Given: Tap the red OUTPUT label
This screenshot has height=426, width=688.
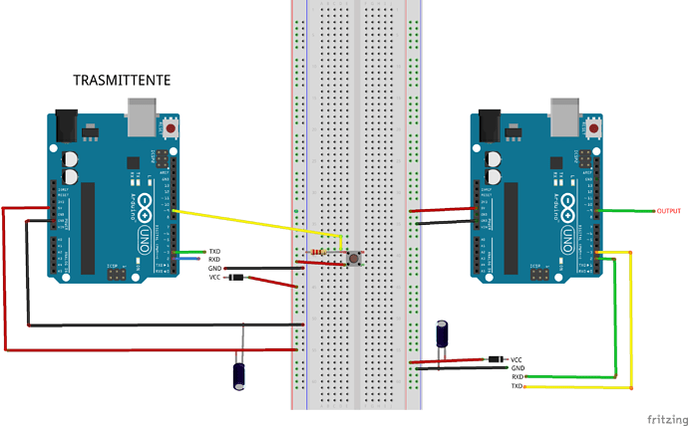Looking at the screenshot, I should [x=669, y=211].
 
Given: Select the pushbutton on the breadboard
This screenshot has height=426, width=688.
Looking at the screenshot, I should [x=354, y=259].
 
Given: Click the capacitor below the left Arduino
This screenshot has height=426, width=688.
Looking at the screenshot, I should [x=239, y=373].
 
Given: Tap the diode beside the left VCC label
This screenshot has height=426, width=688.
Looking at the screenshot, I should [x=236, y=277].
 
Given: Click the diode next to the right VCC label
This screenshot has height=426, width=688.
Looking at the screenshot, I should [x=495, y=358].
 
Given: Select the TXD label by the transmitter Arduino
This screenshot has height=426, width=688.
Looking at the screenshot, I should [x=213, y=251].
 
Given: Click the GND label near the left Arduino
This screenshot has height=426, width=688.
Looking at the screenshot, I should [x=214, y=269].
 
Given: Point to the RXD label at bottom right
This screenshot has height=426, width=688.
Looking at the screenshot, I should [x=517, y=377].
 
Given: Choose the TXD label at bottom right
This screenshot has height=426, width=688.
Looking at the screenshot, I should [x=516, y=386].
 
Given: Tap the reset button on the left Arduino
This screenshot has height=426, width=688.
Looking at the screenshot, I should [x=172, y=127].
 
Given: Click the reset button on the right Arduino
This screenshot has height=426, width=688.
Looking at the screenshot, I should [x=595, y=127].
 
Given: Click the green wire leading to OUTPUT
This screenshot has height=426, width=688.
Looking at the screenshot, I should [x=628, y=211].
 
